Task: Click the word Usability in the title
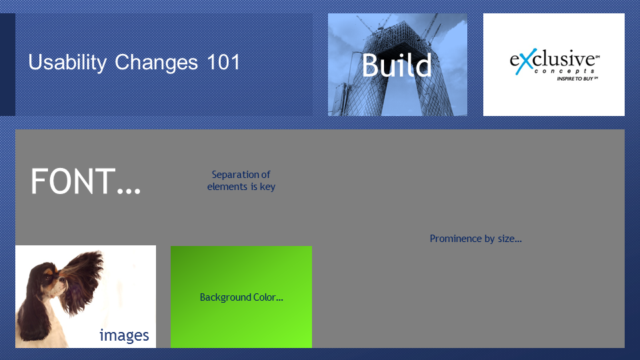pos(67,63)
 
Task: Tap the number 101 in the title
pos(223,62)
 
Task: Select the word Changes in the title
pos(156,63)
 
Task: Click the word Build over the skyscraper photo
pos(396,65)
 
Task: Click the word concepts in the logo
pos(565,71)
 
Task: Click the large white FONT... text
pos(86,181)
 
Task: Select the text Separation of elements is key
pos(241,181)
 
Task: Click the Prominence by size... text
pos(475,239)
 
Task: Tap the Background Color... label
pos(241,297)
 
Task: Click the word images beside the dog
pos(124,335)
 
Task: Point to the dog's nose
pos(64,279)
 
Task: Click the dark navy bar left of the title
pos(7,65)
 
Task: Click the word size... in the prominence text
pos(510,239)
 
